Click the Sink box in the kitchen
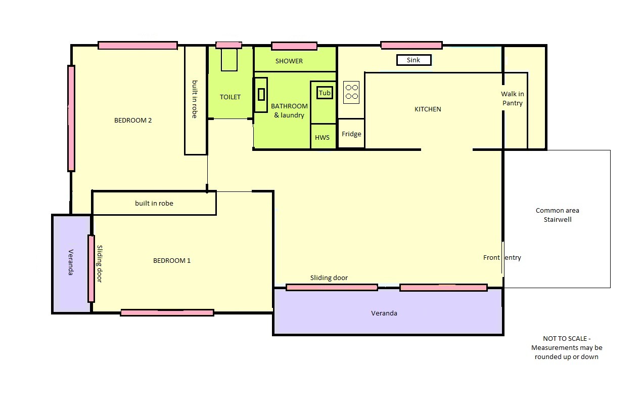414,60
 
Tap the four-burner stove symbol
351,92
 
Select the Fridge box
351,134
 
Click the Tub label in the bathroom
325,93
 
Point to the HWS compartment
323,137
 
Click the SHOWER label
289,61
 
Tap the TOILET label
230,97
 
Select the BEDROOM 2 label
133,120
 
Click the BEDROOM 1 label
172,260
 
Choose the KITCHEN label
428,109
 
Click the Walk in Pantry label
513,98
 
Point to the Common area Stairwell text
558,215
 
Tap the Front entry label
502,257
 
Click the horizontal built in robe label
154,203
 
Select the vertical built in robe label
195,99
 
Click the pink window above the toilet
229,45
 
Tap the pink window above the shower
294,46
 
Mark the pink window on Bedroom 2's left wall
71,118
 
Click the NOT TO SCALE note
567,347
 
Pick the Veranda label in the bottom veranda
384,313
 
